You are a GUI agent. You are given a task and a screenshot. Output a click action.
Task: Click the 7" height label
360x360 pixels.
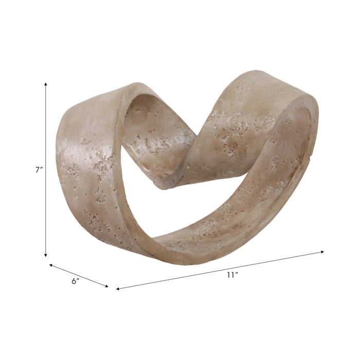[x=38, y=170]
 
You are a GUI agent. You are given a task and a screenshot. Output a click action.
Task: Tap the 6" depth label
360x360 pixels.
[x=75, y=281]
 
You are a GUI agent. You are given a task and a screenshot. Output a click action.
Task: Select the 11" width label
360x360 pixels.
[x=232, y=275]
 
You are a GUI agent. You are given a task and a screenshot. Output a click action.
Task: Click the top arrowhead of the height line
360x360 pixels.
[x=46, y=83]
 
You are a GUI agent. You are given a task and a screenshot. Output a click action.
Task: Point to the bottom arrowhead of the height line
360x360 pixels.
[x=46, y=255]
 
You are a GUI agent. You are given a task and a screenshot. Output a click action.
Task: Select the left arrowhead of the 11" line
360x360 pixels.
[x=118, y=289]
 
